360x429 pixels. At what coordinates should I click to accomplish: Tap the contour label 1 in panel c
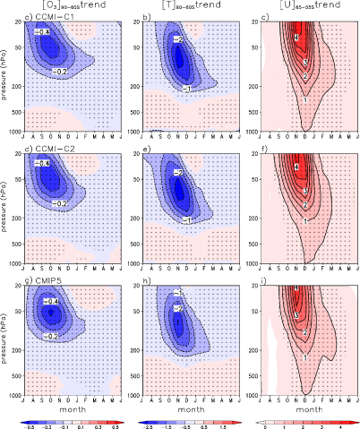pos(305,99)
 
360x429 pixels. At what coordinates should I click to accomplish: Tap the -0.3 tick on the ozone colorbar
pos(48,425)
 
